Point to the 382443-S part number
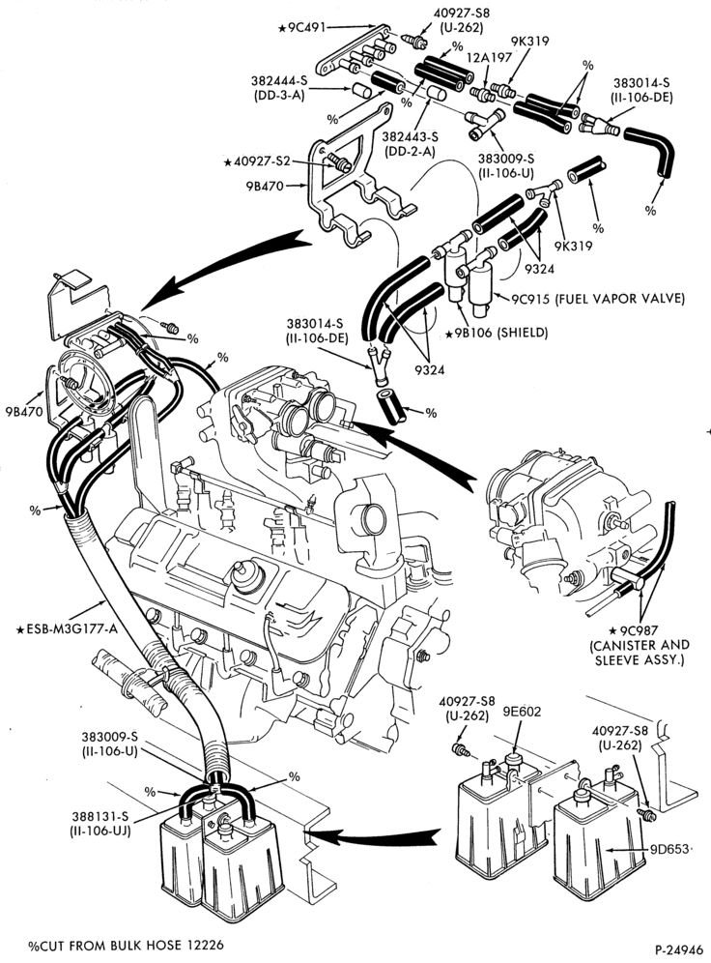410,136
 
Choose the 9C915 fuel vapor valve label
598,299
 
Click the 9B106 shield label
497,333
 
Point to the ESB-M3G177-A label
67,628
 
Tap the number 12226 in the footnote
203,945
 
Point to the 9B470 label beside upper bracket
264,185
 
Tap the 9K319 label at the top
530,42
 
